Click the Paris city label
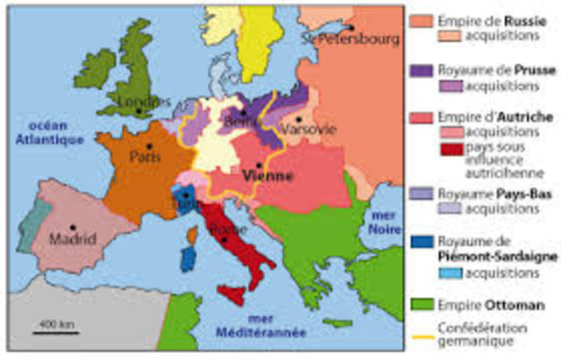tap(146, 159)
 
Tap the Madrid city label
tap(73, 238)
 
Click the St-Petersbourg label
tap(350, 39)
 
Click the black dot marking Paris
tap(150, 145)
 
